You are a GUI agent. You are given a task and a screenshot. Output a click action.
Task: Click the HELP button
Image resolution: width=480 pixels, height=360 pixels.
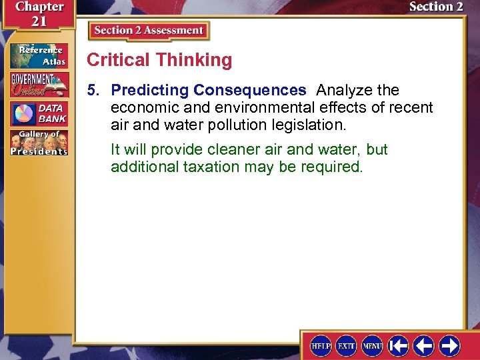321,345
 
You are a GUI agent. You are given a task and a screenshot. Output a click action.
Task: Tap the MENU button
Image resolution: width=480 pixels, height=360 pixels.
372,345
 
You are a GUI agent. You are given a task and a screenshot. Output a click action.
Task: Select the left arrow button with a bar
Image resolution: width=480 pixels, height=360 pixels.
399,345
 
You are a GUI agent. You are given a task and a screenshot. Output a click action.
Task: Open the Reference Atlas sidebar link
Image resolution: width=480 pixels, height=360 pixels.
39,55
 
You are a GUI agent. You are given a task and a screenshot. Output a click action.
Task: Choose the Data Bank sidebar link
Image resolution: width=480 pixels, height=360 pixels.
39,113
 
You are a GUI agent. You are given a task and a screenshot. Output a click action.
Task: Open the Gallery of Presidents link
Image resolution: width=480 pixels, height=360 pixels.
39,142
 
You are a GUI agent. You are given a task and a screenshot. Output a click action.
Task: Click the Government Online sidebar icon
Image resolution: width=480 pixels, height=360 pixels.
39,84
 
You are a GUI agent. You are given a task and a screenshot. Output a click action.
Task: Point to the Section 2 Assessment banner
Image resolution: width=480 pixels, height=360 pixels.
149,31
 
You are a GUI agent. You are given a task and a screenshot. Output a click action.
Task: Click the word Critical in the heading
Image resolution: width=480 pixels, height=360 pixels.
119,60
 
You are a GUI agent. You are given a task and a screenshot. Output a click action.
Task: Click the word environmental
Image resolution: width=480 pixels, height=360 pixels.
257,107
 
